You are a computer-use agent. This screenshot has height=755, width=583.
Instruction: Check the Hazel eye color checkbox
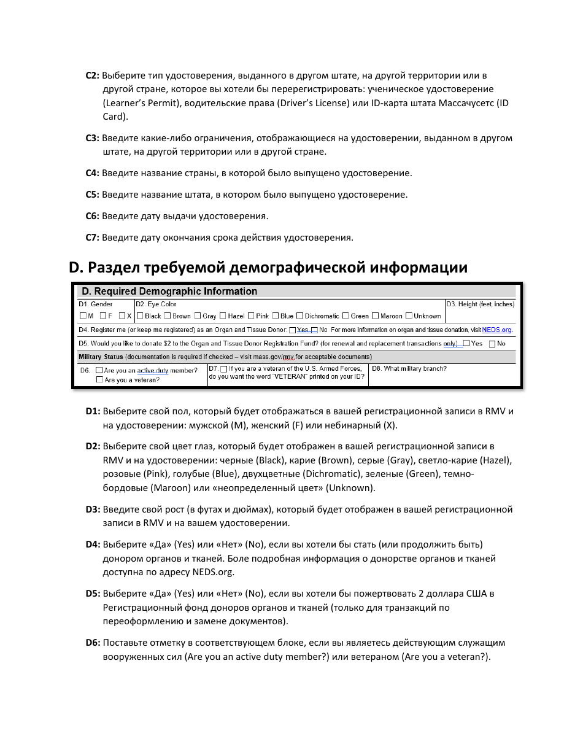point(223,316)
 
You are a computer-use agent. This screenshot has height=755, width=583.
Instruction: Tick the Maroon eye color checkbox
point(376,316)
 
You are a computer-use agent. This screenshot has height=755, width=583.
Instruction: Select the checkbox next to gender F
point(103,316)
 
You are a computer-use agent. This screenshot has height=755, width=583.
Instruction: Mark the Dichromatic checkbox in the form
point(300,316)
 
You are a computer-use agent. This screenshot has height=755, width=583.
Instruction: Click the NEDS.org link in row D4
point(496,330)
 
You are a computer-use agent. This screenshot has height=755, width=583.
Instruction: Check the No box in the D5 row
point(492,344)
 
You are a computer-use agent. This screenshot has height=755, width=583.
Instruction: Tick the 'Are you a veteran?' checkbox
point(99,380)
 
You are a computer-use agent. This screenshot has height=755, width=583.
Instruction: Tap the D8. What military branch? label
point(409,369)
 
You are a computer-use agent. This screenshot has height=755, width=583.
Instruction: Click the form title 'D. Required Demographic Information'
point(169,292)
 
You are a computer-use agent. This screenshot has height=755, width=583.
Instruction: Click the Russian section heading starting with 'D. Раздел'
point(268,268)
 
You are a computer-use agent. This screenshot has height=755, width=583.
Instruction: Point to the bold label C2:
point(92,75)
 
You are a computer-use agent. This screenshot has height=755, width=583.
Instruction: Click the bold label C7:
point(92,238)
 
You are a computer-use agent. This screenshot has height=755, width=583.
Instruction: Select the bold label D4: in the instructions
point(93,544)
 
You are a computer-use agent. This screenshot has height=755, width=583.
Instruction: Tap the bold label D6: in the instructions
point(93,643)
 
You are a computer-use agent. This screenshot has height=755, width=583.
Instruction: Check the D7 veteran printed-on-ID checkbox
point(223,369)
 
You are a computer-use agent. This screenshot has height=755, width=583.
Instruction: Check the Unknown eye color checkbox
point(409,316)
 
